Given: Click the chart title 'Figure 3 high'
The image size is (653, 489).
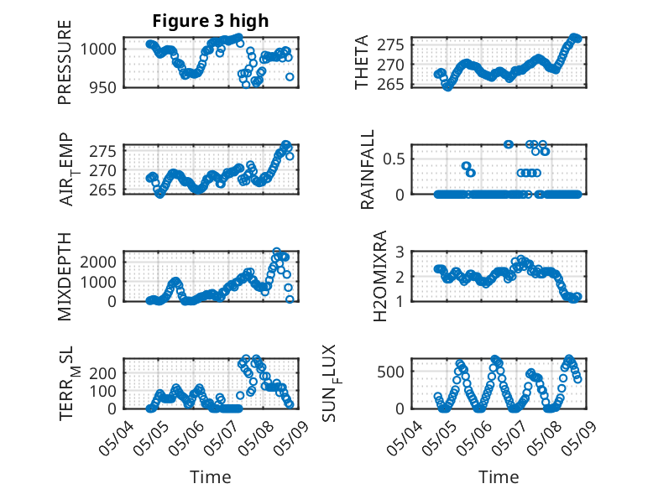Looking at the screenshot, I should pyautogui.click(x=210, y=21).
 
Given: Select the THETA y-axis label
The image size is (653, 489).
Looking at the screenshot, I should pyautogui.click(x=362, y=61).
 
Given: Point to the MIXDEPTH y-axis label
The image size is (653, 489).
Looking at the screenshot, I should pyautogui.click(x=65, y=276).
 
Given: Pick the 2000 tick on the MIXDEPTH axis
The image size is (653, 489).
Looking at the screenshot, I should pyautogui.click(x=101, y=261).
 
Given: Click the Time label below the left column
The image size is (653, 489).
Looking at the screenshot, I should pyautogui.click(x=211, y=477).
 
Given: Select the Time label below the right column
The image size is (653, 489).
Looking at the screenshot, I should pyautogui.click(x=499, y=477).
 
